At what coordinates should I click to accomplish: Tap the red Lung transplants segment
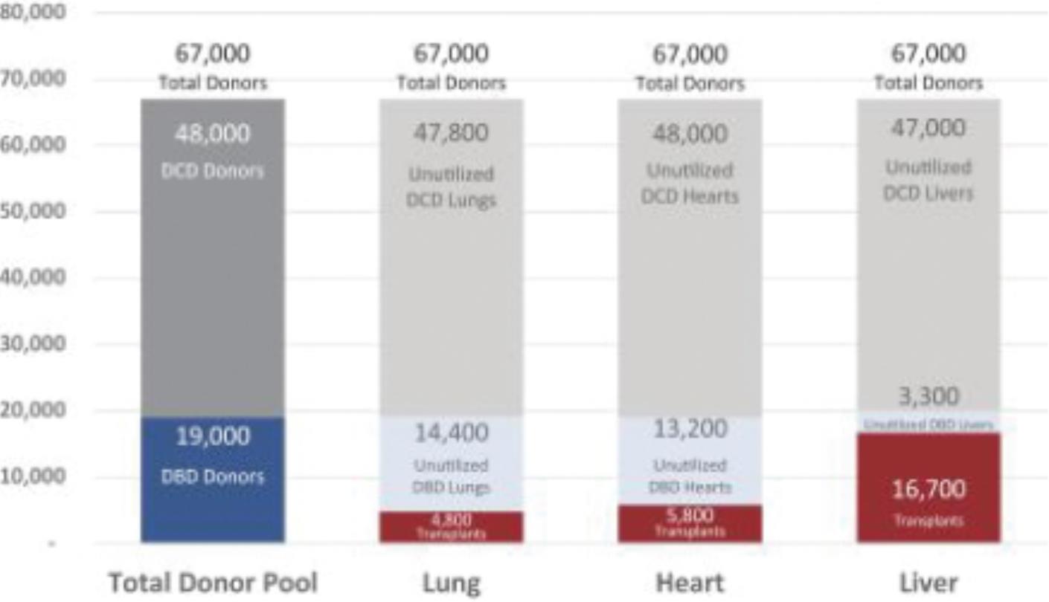[x=452, y=527]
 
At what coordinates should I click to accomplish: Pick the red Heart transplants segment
[x=690, y=524]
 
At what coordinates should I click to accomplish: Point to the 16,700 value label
[x=928, y=490]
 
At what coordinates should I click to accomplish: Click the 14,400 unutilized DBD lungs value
[x=452, y=433]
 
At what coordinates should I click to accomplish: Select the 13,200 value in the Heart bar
[x=690, y=429]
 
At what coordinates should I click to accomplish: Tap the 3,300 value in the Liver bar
[x=928, y=396]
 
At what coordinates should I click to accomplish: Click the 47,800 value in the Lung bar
[x=452, y=133]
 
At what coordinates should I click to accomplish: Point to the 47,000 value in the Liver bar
[x=928, y=128]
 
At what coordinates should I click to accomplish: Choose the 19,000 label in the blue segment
[x=213, y=436]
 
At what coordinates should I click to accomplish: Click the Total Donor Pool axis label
[x=213, y=583]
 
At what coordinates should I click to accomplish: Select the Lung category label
[x=452, y=583]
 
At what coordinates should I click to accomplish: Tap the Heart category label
[x=690, y=583]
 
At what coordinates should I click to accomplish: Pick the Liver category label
[x=928, y=583]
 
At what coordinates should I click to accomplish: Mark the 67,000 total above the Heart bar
[x=690, y=54]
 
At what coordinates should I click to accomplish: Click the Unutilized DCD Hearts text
[x=690, y=183]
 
